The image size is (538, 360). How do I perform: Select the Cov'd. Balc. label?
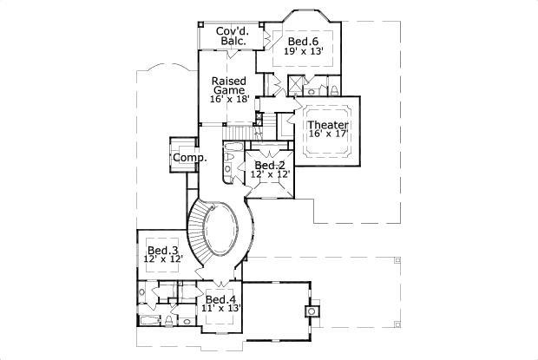coord(232,36)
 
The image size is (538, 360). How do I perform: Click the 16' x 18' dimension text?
coord(229,100)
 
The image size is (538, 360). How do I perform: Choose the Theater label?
coord(328,126)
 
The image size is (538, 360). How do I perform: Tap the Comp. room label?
coord(189,158)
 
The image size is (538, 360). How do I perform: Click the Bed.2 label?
coord(269,165)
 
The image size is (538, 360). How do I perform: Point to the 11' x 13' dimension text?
coord(221,309)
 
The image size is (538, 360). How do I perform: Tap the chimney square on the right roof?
coord(310,309)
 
